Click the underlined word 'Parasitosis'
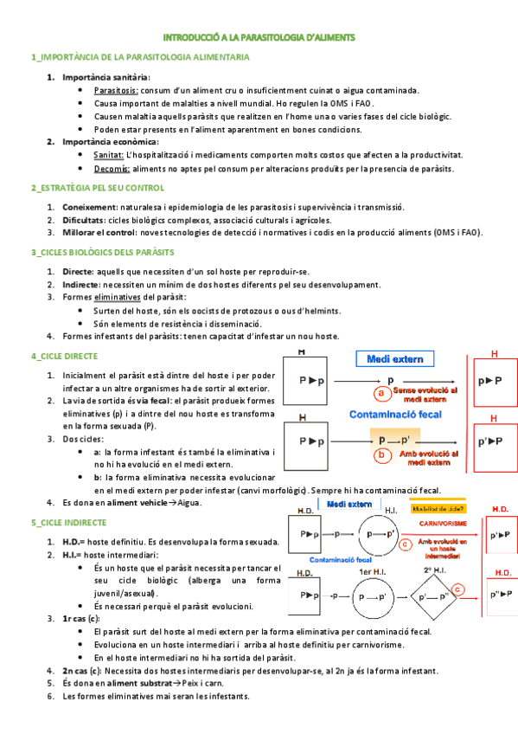click(x=115, y=90)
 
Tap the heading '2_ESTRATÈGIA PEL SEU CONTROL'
click(x=97, y=187)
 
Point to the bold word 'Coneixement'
click(x=90, y=207)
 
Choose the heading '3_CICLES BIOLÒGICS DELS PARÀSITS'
click(x=102, y=252)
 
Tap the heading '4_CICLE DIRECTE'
click(x=64, y=356)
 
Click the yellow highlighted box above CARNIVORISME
click(x=436, y=509)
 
